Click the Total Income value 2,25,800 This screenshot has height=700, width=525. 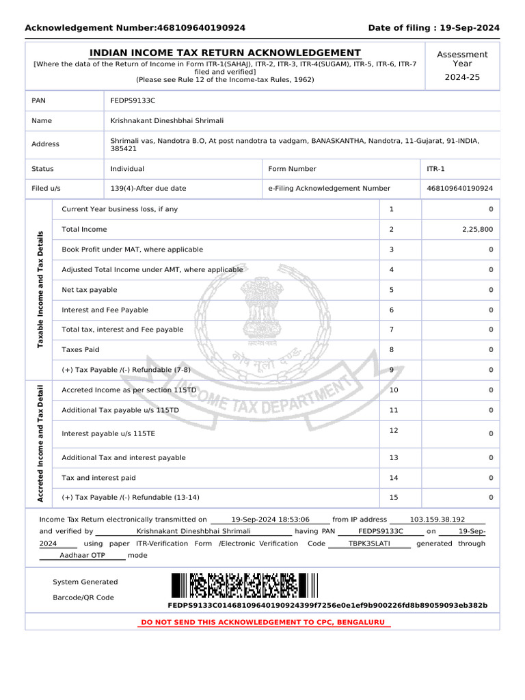tap(477, 230)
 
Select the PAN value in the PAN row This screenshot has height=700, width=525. tap(133, 100)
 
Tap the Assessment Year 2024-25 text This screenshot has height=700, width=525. tap(462, 77)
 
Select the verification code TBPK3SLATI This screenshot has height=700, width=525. tap(369, 543)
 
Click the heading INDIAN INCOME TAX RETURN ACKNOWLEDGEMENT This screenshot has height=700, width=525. tap(226, 53)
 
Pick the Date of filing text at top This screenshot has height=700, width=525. tap(433, 28)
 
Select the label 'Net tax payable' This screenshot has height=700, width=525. tap(90, 290)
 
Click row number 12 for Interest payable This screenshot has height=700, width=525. tap(393, 430)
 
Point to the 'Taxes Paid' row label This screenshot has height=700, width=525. tap(81, 349)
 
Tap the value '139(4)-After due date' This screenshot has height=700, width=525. tap(148, 188)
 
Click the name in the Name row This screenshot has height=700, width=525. tap(167, 120)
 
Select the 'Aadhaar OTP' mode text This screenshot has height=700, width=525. tap(82, 556)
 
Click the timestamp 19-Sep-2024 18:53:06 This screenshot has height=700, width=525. tap(270, 520)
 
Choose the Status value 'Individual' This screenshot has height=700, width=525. tap(127, 169)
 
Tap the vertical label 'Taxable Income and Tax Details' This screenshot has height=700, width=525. tap(40, 289)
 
